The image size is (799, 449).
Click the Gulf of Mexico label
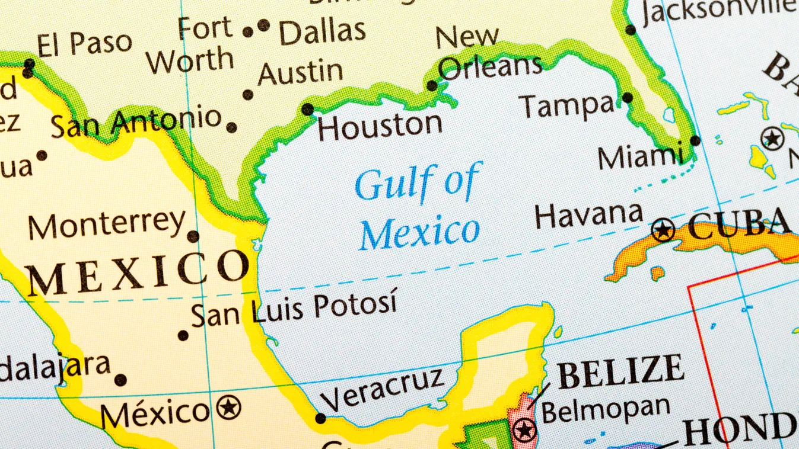419,207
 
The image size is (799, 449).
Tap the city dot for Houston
307,109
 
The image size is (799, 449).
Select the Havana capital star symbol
663,230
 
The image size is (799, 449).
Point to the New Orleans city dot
432,86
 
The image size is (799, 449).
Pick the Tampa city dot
628,98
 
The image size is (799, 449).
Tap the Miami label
641,158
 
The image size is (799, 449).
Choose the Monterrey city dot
193,236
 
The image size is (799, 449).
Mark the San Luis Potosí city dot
183,335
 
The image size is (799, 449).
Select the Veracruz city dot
320,418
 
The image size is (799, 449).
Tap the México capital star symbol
228,408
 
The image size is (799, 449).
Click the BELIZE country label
620,370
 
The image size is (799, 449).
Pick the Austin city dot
248,95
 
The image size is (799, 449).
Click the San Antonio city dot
231,127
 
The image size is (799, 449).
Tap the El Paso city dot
28,72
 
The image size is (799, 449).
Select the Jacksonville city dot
631,30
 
